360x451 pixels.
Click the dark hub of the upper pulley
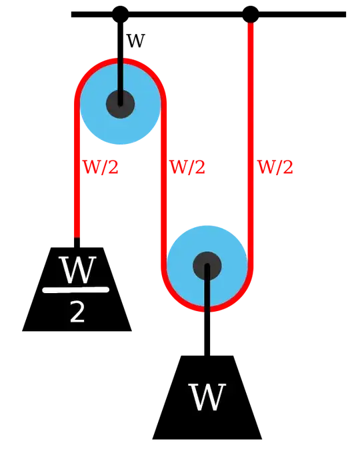coord(120,104)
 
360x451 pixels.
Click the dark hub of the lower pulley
coord(207,266)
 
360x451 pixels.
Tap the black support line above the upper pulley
coord(120,73)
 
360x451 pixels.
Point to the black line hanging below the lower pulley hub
coord(207,293)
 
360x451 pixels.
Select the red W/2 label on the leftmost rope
coord(100,169)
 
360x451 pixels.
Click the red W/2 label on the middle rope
coord(188,169)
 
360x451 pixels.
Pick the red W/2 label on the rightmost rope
coord(275,169)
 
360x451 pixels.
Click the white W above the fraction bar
coord(77,270)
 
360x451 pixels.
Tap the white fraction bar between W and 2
coord(75,290)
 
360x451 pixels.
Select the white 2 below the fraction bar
coord(77,312)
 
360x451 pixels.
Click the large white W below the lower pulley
coord(207,397)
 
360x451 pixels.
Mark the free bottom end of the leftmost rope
coord(77,233)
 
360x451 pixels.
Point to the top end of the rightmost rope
coord(251,27)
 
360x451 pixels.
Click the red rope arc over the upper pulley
coord(120,61)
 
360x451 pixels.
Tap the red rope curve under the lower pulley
coord(207,308)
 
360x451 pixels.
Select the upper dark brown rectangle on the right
coord(307,93)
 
